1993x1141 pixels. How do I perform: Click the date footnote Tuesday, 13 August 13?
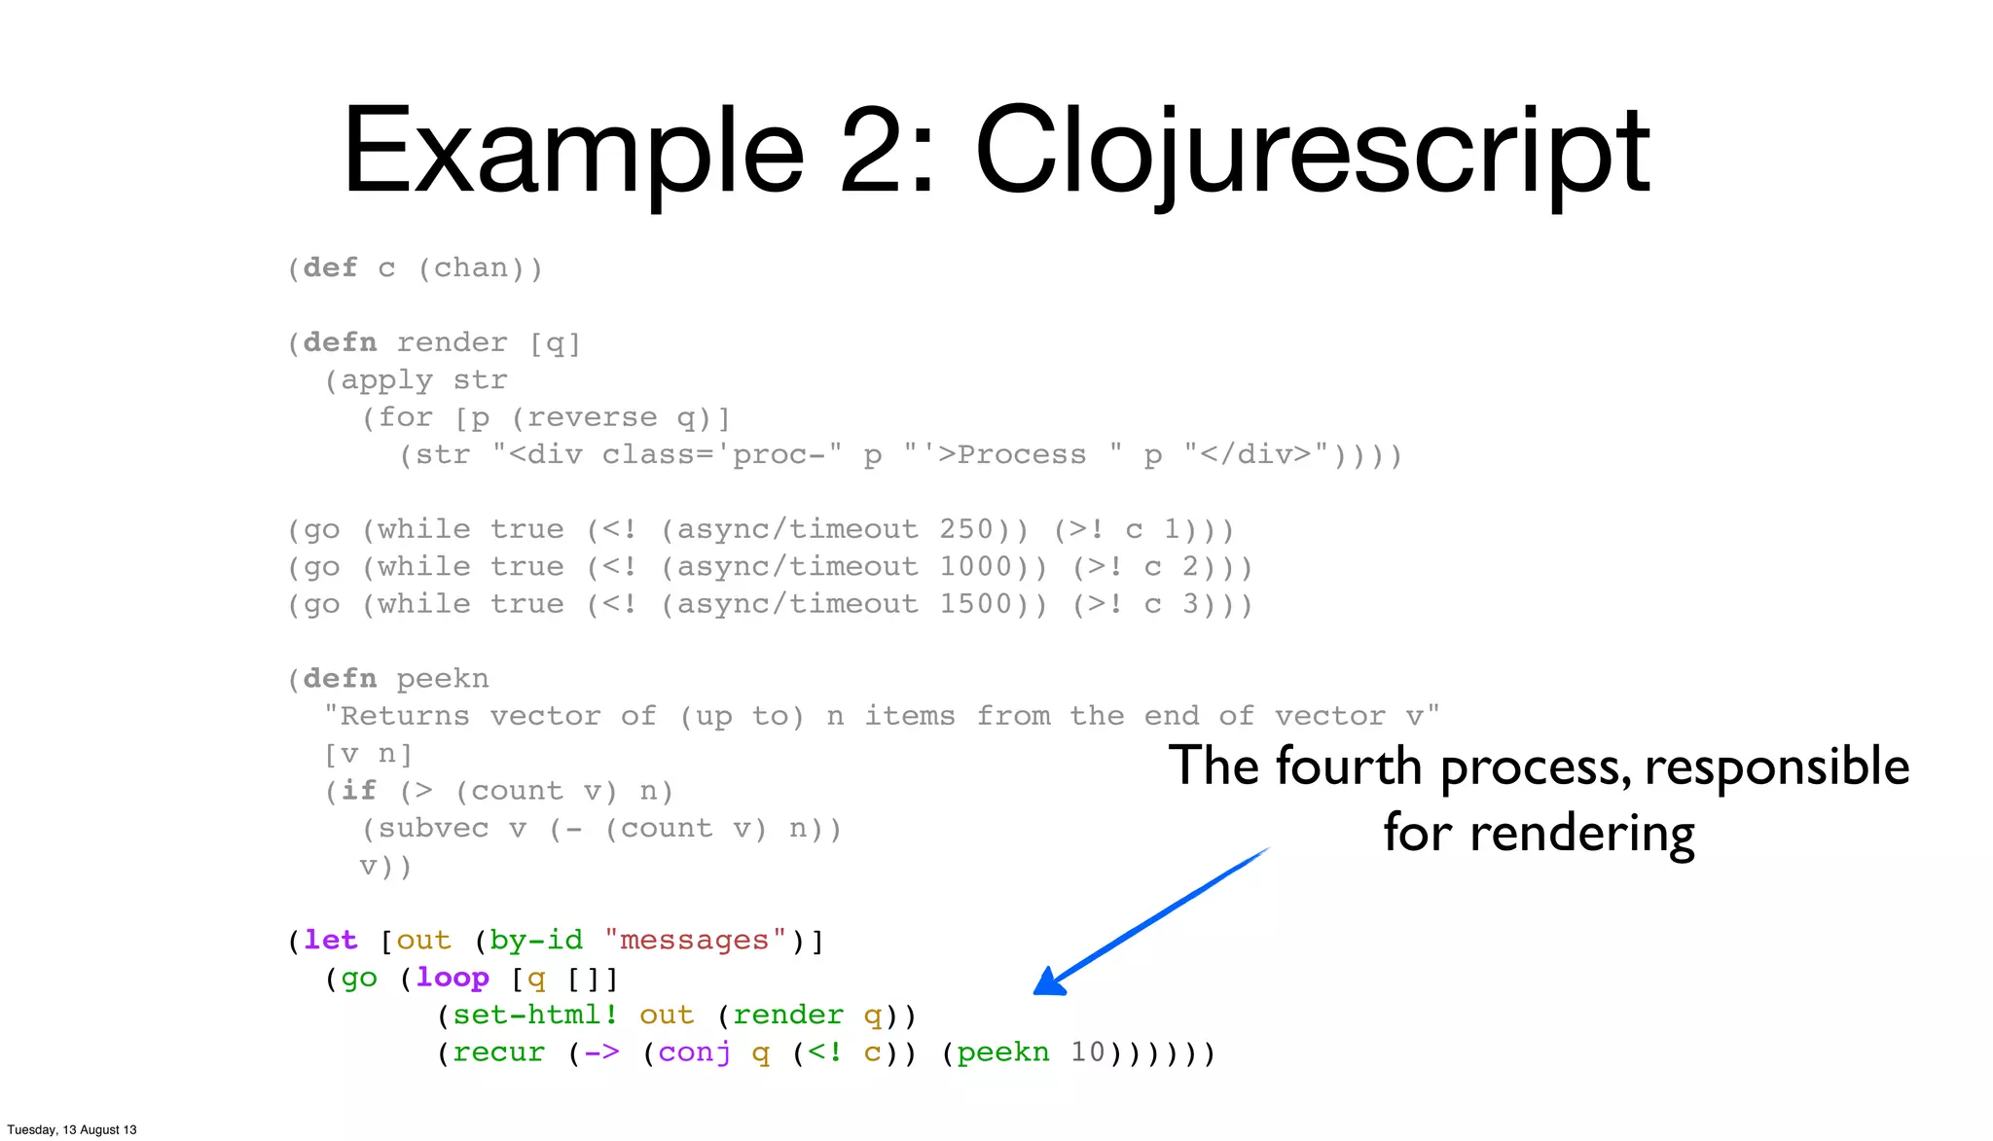click(72, 1129)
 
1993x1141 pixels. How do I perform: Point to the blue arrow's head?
click(1047, 983)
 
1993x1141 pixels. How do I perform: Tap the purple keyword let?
click(330, 941)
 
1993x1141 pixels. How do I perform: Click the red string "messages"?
click(695, 941)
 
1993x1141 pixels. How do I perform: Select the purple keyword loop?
click(452, 978)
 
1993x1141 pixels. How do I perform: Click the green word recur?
click(498, 1052)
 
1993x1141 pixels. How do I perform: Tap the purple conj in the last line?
click(694, 1052)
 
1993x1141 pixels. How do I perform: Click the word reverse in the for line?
click(592, 417)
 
